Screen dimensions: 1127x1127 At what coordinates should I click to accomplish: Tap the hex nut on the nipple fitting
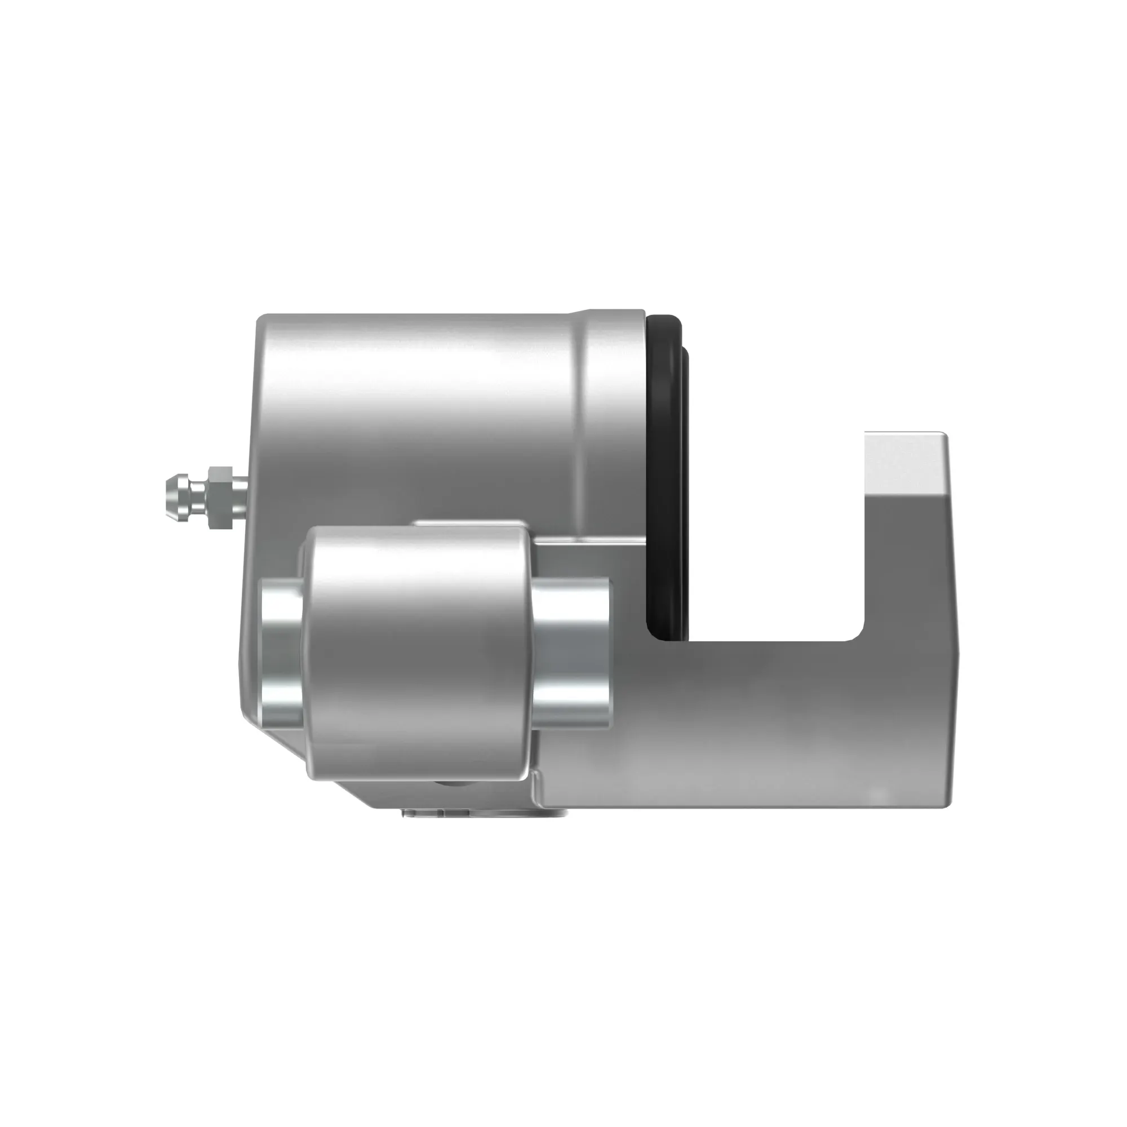[x=219, y=497]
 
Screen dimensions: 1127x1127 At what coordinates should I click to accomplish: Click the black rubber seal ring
[x=665, y=467]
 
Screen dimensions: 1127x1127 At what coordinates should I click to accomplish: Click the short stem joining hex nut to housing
[x=241, y=497]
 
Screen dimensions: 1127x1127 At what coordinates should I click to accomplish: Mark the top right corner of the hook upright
[x=944, y=435]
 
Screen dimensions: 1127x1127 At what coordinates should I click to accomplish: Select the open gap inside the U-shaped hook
[x=776, y=525]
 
